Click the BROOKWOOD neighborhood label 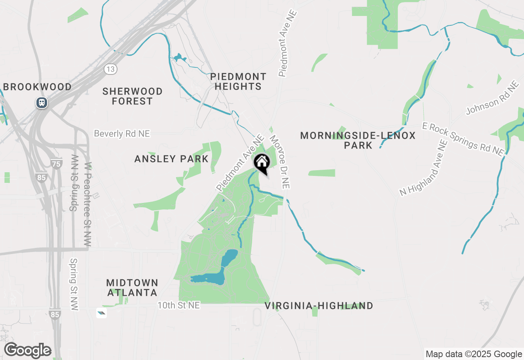tap(37, 87)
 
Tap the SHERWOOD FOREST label tap(132, 96)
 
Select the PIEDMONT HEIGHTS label tap(238, 81)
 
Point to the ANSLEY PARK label tap(172, 159)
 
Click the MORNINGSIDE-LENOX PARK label tap(358, 140)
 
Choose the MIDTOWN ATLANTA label tap(132, 288)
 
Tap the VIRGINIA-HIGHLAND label tap(318, 306)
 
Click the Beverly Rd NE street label tap(122, 134)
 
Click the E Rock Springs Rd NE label tap(463, 139)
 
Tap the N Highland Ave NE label tap(424, 168)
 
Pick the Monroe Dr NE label tap(280, 162)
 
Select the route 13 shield tap(110, 69)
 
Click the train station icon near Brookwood tap(41, 102)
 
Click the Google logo tap(27, 350)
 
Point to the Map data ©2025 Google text tap(474, 354)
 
